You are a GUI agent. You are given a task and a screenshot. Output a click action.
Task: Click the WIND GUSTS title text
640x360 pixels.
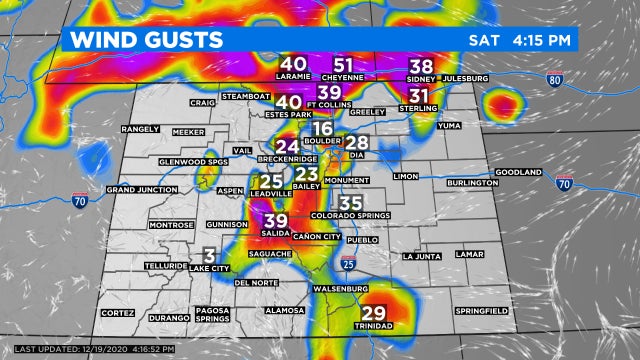[x=145, y=40]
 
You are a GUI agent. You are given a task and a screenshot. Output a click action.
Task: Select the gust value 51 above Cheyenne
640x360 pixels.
[x=343, y=63]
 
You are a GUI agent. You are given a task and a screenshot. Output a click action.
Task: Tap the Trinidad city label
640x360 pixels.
[x=373, y=326]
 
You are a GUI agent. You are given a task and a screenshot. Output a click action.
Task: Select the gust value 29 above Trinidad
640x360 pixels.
[x=373, y=312]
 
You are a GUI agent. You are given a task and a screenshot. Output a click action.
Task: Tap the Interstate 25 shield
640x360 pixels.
[x=348, y=264]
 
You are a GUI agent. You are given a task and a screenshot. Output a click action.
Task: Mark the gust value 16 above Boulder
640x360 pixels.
[x=322, y=129]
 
